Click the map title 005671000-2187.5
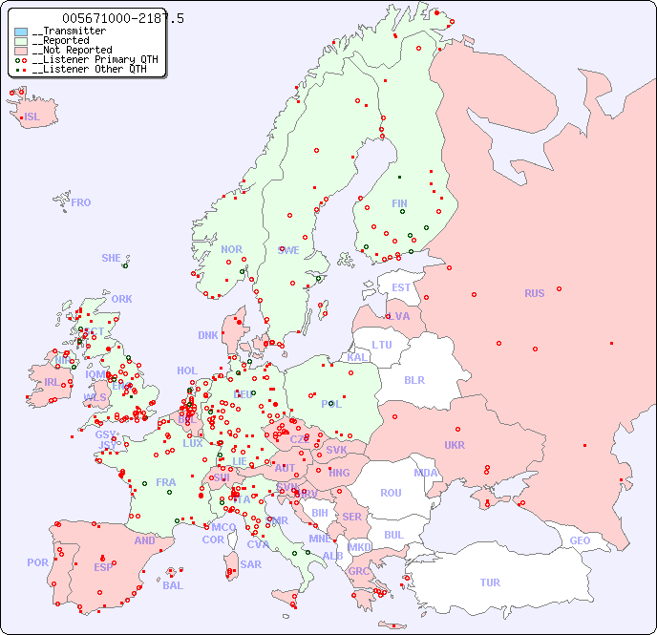click(122, 18)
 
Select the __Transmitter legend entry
click(68, 32)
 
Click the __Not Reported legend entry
click(72, 50)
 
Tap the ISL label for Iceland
click(32, 117)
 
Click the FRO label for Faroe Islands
click(81, 202)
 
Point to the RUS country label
click(534, 293)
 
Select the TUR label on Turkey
click(490, 582)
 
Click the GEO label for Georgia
click(580, 540)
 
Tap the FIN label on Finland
click(399, 203)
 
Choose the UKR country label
click(455, 445)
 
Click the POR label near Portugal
click(37, 562)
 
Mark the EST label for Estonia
click(401, 287)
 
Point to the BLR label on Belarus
click(413, 379)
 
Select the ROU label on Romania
click(391, 493)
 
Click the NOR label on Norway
click(231, 249)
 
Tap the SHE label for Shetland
click(112, 258)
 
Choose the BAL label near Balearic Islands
click(172, 585)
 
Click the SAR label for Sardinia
click(251, 564)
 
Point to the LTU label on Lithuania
click(382, 345)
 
